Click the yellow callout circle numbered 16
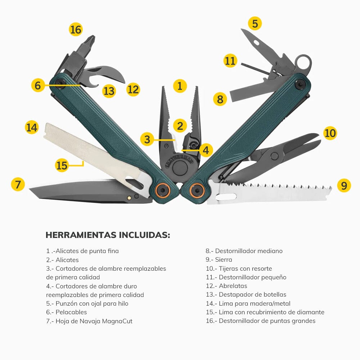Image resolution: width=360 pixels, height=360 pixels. click(76, 29)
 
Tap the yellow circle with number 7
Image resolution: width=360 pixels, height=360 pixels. click(18, 184)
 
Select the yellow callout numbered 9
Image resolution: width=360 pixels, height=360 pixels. click(344, 185)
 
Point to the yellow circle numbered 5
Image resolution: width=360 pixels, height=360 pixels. click(255, 24)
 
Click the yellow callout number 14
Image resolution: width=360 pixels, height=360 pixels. click(32, 127)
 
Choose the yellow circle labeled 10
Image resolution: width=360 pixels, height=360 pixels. click(330, 133)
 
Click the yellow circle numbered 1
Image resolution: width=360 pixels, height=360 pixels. click(180, 86)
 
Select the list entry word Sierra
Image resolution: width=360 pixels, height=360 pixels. click(224, 260)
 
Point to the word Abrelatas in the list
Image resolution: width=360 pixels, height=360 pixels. click(233, 286)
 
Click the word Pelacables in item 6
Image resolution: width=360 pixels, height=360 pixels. click(71, 312)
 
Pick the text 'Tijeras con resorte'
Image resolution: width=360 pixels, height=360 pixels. click(245, 269)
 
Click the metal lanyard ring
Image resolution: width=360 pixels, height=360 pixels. click(303, 62)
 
